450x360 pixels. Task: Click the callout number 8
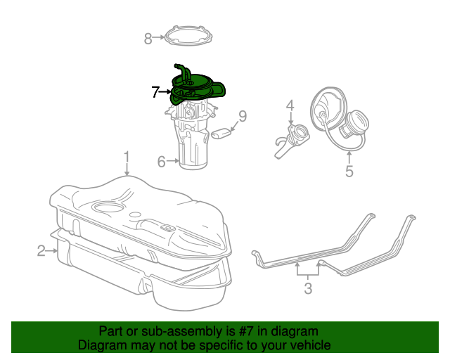coord(148,39)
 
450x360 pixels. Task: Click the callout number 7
coord(155,91)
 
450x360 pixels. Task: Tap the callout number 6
coord(161,162)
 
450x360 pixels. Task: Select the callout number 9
coord(242,116)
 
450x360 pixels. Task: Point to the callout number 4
coord(289,106)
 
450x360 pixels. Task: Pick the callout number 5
coord(349,170)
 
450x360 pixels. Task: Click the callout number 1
coord(127,155)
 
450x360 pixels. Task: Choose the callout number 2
coord(41,250)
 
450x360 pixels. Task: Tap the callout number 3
coord(307,288)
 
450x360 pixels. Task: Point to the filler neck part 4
coord(290,137)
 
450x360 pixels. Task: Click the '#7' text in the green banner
coord(240,331)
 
